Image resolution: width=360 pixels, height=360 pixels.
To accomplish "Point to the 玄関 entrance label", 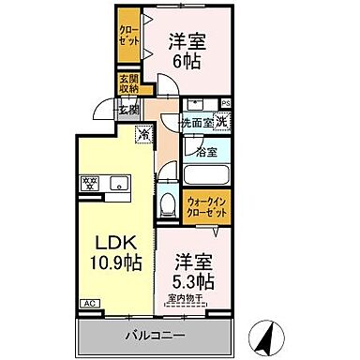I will point(128,110).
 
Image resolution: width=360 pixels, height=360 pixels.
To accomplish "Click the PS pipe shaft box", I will point(225,103).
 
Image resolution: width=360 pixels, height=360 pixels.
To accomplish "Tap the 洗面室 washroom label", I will point(197,122).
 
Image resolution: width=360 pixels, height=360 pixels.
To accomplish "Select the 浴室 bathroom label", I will point(206,150).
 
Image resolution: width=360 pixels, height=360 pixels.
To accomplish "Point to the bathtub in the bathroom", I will point(207,174).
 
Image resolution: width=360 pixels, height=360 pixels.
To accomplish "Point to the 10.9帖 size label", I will point(115,262).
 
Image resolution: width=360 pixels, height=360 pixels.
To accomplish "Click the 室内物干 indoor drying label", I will point(187,300).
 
